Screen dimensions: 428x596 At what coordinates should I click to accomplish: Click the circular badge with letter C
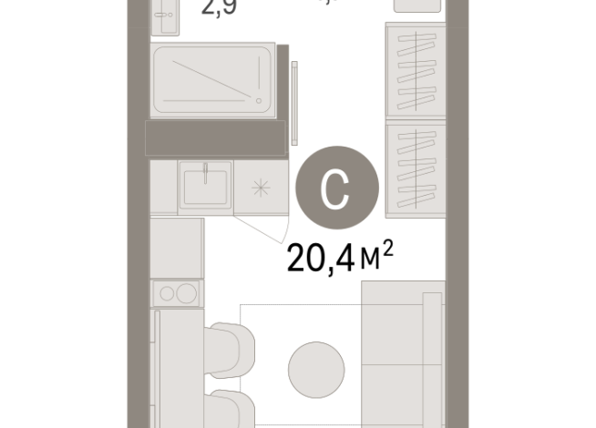pyautogui.click(x=335, y=189)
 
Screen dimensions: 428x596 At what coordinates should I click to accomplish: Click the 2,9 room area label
pyautogui.click(x=218, y=12)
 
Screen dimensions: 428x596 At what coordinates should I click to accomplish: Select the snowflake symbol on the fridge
pyautogui.click(x=261, y=189)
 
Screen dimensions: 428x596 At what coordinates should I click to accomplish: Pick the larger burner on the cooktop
pyautogui.click(x=188, y=292)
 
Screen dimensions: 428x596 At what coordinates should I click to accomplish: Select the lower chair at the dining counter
pyautogui.click(x=231, y=409)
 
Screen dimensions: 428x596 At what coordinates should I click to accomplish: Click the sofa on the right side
pyautogui.click(x=401, y=355)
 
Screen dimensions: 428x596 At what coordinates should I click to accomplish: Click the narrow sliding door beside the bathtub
pyautogui.click(x=295, y=100)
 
